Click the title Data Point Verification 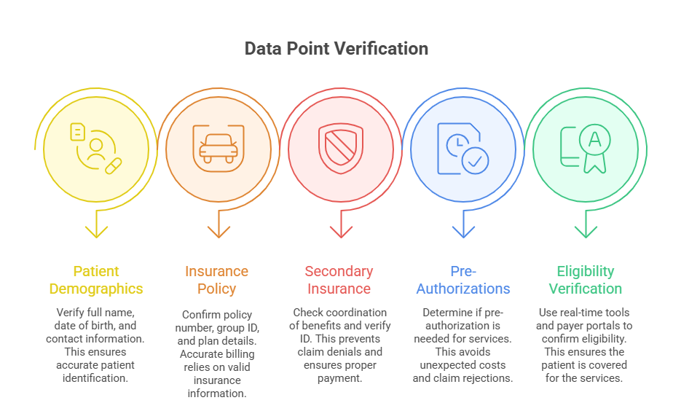[336, 49]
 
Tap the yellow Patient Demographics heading [96, 280]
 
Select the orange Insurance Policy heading [216, 280]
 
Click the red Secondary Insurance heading [339, 280]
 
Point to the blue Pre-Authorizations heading [463, 280]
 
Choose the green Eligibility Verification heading [586, 280]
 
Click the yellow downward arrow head [96, 231]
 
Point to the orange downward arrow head [219, 231]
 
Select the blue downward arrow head [463, 231]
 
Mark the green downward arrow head [586, 231]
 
